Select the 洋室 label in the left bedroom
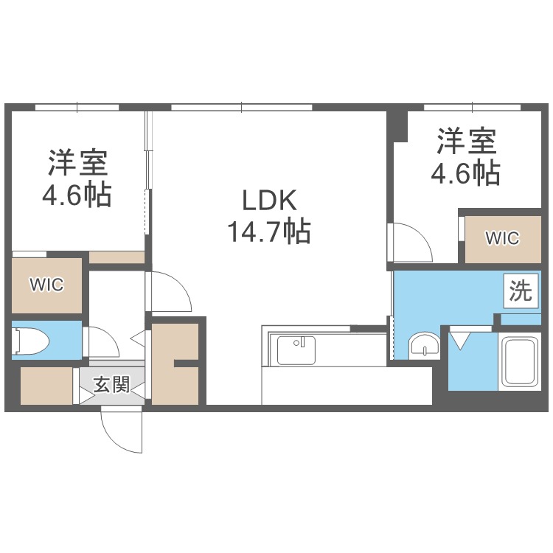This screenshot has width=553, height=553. coord(79,160)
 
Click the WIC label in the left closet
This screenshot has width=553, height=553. coord(46,285)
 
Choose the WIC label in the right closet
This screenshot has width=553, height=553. coord(502,238)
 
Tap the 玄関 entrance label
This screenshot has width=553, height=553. coord(112,384)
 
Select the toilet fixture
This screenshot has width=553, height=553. coord(31,341)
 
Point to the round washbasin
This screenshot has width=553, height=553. coord(422,344)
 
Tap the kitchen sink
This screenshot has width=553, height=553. coord(296,349)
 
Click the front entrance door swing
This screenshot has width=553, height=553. coord(121,431)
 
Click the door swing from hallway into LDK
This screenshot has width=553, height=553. coord(169,292)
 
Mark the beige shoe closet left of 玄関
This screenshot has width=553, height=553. coord(46,385)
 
